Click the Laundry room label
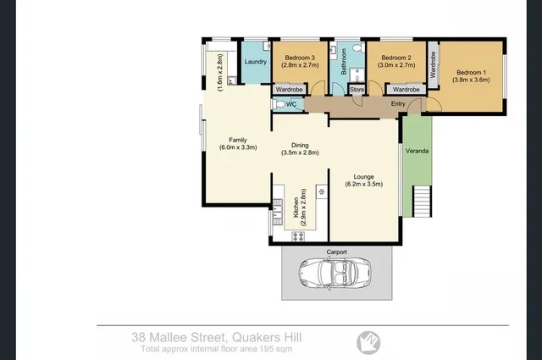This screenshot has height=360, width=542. (255, 63)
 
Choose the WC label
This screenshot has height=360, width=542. (290, 104)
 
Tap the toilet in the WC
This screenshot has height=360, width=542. (279, 104)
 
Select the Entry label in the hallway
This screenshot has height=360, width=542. (398, 103)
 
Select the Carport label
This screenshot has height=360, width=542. (336, 252)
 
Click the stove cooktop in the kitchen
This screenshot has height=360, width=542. (297, 236)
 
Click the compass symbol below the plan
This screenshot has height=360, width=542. (366, 340)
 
